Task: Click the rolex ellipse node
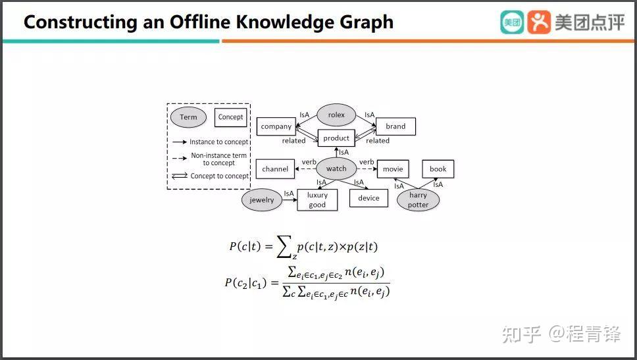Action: point(336,115)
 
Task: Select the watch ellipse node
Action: point(336,168)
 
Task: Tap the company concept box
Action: point(276,126)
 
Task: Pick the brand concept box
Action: point(395,126)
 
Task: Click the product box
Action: point(336,138)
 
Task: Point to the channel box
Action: point(275,169)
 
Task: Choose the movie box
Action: point(393,169)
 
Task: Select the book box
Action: point(438,169)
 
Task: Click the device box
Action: point(369,198)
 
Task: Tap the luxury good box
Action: point(317,200)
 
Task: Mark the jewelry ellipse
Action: point(262,200)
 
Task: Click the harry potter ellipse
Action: point(418,200)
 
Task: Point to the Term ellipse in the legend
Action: point(188,117)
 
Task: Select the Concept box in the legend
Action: point(230,117)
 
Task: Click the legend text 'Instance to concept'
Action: point(219,141)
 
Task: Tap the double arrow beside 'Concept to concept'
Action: point(180,176)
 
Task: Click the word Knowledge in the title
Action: point(285,22)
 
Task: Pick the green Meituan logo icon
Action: point(512,22)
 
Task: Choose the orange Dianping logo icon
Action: point(539,22)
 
